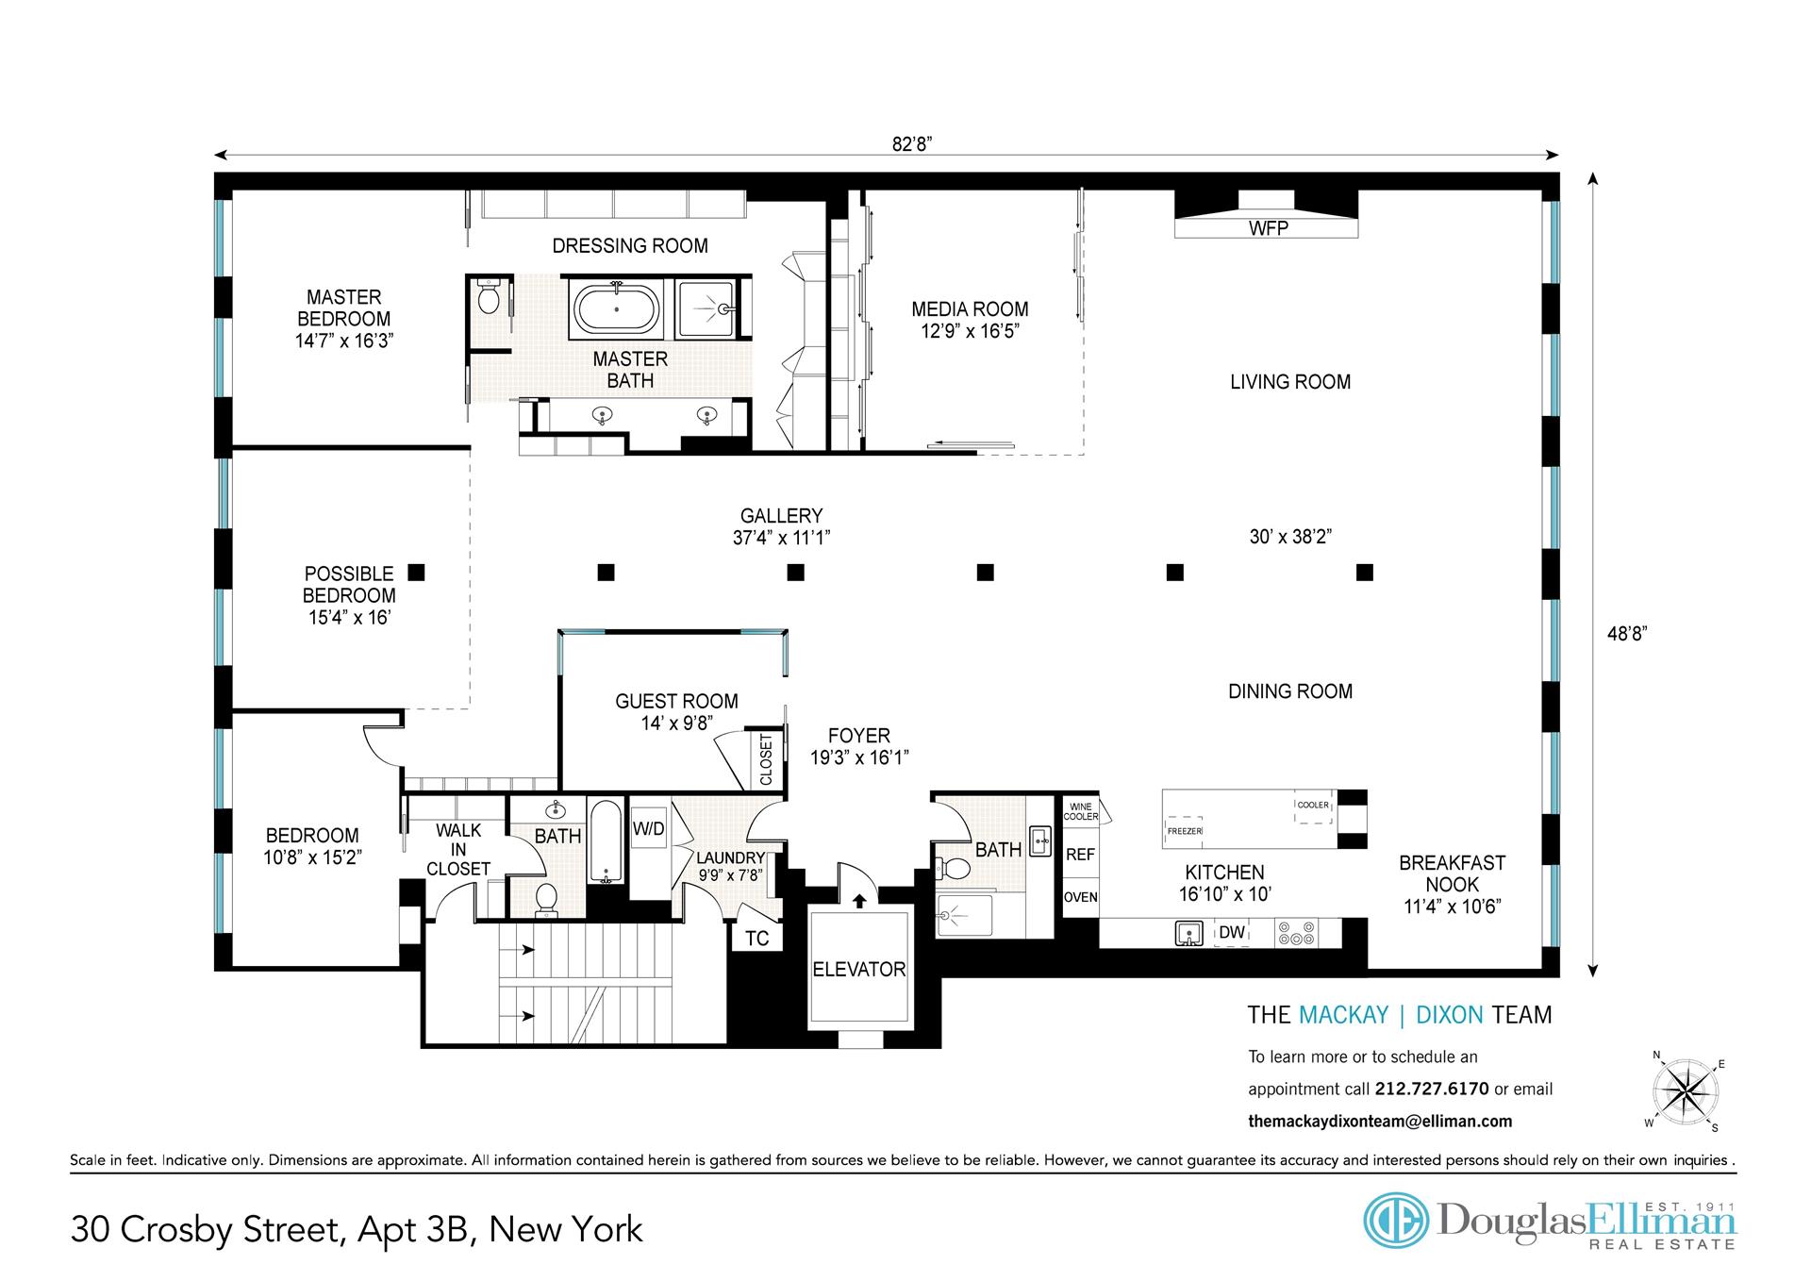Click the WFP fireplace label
[1268, 228]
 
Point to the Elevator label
[858, 969]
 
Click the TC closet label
[757, 938]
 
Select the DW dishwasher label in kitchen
[1232, 933]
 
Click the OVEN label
[1080, 897]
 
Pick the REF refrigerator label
[1080, 855]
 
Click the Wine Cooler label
[1080, 811]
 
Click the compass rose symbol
[1685, 1093]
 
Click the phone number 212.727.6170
[1432, 1089]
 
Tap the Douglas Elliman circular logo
[1397, 1220]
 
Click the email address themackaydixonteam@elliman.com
[1380, 1122]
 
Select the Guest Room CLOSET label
[766, 759]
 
